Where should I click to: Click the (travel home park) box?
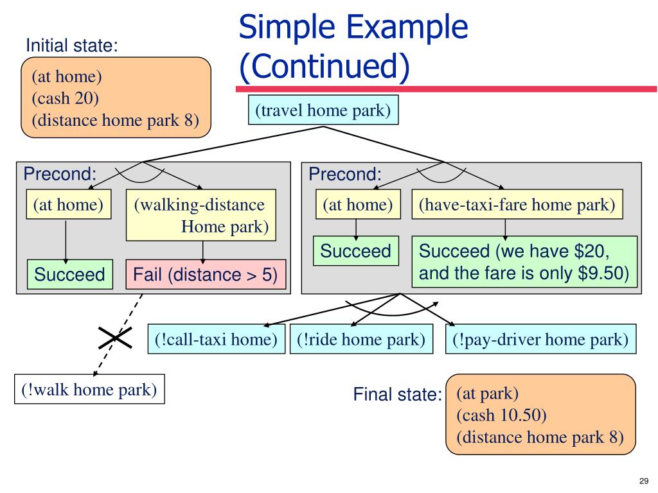(x=323, y=110)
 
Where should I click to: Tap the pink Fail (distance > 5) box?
(x=206, y=275)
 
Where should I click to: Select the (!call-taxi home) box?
(x=216, y=339)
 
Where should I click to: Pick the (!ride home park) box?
(x=361, y=339)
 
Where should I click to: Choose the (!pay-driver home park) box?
(x=540, y=339)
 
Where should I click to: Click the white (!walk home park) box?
(x=89, y=389)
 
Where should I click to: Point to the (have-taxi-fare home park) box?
(x=517, y=204)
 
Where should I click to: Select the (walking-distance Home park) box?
(x=201, y=215)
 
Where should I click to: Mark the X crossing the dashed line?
(x=115, y=338)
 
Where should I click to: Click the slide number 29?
(x=644, y=481)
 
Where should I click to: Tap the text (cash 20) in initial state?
(x=65, y=98)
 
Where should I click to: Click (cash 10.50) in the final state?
(x=501, y=415)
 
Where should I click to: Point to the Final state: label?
(x=397, y=394)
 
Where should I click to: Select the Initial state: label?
(x=72, y=46)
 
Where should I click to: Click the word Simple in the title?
(x=286, y=27)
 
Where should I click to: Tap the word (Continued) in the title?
(x=324, y=66)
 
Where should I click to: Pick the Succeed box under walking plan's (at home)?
(x=69, y=274)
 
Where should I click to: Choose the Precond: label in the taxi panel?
(x=345, y=173)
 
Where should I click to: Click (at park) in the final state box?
(x=487, y=394)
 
